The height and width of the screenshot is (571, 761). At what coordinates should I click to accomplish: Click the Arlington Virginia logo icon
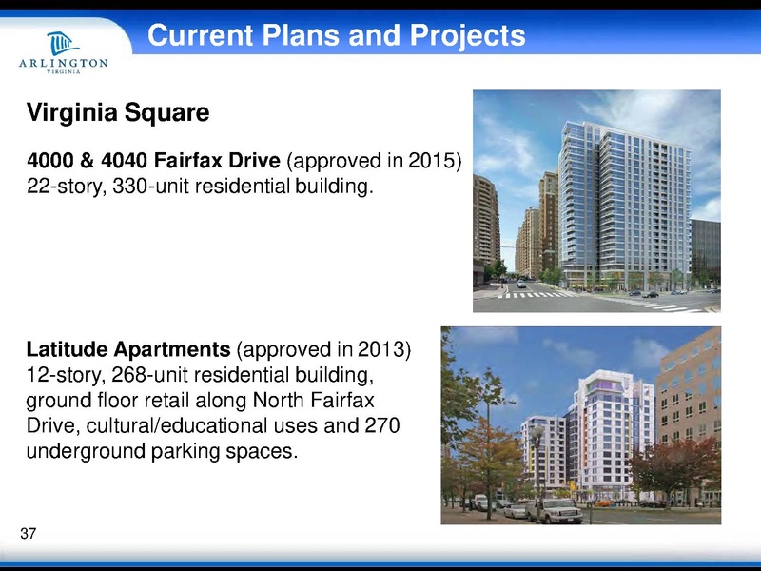pos(63,41)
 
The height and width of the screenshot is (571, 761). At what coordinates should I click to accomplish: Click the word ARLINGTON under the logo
pos(63,64)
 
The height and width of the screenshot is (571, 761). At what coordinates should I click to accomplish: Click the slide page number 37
pos(28,535)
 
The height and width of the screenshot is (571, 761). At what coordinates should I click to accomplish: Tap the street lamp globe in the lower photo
pos(537,433)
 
